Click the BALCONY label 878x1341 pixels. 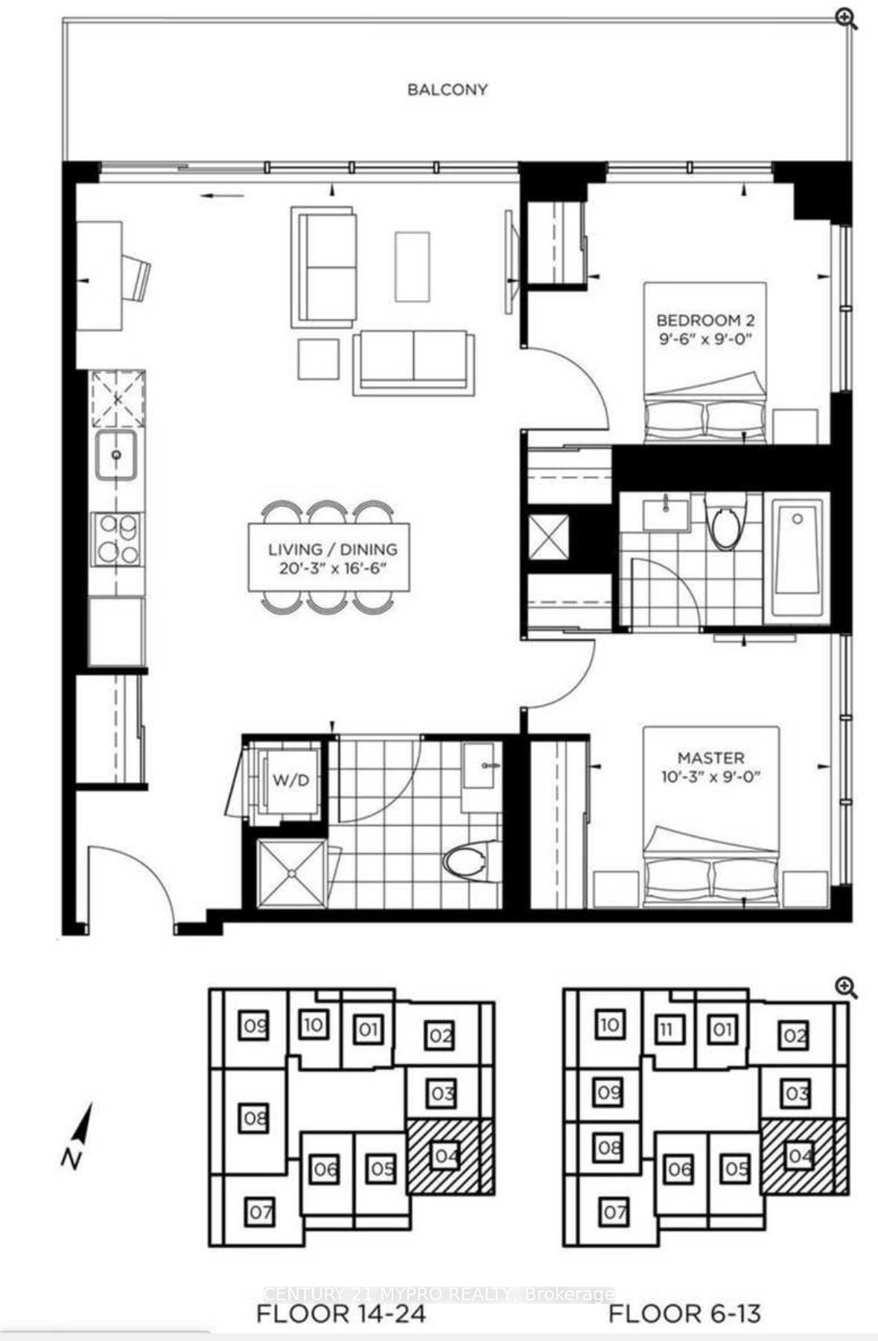coord(447,89)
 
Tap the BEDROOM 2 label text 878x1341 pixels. coord(704,321)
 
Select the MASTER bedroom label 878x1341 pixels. coord(710,758)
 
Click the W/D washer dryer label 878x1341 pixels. coord(290,781)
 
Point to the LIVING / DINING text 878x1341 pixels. coord(332,550)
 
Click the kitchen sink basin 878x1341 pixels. coord(115,455)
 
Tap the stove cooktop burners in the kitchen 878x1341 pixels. coord(118,539)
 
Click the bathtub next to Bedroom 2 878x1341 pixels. coord(797,557)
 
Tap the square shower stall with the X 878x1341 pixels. coord(291,873)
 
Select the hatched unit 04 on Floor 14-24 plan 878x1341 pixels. coord(450,1156)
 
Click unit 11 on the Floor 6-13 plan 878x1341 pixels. coord(667,1030)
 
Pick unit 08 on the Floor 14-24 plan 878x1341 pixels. coord(255,1118)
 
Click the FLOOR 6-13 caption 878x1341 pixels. coord(684,1313)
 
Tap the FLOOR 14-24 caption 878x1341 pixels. coord(340,1313)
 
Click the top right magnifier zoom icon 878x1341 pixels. coord(846,19)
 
